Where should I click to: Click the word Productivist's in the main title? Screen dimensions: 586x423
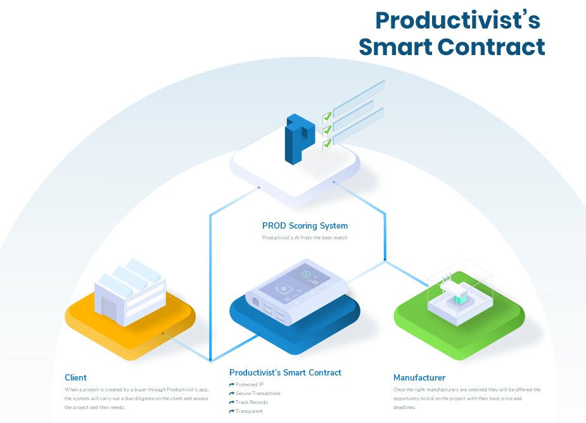(x=457, y=20)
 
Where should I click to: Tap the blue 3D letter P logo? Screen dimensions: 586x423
(x=299, y=139)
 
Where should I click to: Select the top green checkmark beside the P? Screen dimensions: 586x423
(x=328, y=117)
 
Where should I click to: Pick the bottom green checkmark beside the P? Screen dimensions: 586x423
(x=328, y=143)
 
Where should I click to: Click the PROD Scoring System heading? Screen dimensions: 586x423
(x=305, y=225)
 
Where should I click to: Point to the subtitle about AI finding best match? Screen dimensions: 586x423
(x=305, y=237)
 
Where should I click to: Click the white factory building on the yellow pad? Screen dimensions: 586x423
(x=129, y=292)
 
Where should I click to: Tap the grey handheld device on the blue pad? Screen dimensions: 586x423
(x=296, y=292)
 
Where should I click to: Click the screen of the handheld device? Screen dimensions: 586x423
(x=295, y=282)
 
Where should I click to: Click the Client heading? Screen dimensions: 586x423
(x=75, y=377)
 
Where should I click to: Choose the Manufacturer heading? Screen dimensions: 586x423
(x=419, y=377)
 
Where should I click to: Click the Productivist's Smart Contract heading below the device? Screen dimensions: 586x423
(x=285, y=372)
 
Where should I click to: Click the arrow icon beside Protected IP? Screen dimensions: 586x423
(x=232, y=384)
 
